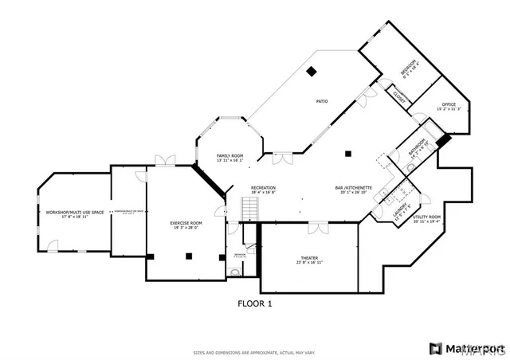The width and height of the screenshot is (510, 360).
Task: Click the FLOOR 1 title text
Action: click(255, 303)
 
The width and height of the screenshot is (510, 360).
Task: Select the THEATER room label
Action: click(308, 257)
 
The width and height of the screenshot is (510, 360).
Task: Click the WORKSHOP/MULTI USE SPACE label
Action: click(75, 212)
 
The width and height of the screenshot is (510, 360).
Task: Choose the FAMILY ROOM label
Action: click(229, 155)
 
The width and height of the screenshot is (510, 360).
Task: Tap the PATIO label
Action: click(322, 101)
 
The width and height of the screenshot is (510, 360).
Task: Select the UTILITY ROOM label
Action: click(426, 216)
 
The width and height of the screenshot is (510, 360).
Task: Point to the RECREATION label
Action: click(263, 188)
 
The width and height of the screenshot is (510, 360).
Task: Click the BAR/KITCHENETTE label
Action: click(351, 188)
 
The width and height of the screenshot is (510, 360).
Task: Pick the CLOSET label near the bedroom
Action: click(399, 98)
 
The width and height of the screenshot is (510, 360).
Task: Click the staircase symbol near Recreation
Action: click(251, 209)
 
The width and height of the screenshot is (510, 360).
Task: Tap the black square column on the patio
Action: click(312, 72)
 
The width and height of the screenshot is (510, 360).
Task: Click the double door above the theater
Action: click(318, 227)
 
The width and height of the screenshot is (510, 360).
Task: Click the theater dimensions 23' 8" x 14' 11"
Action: click(308, 262)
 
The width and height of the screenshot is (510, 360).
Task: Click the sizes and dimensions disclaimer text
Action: click(255, 352)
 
